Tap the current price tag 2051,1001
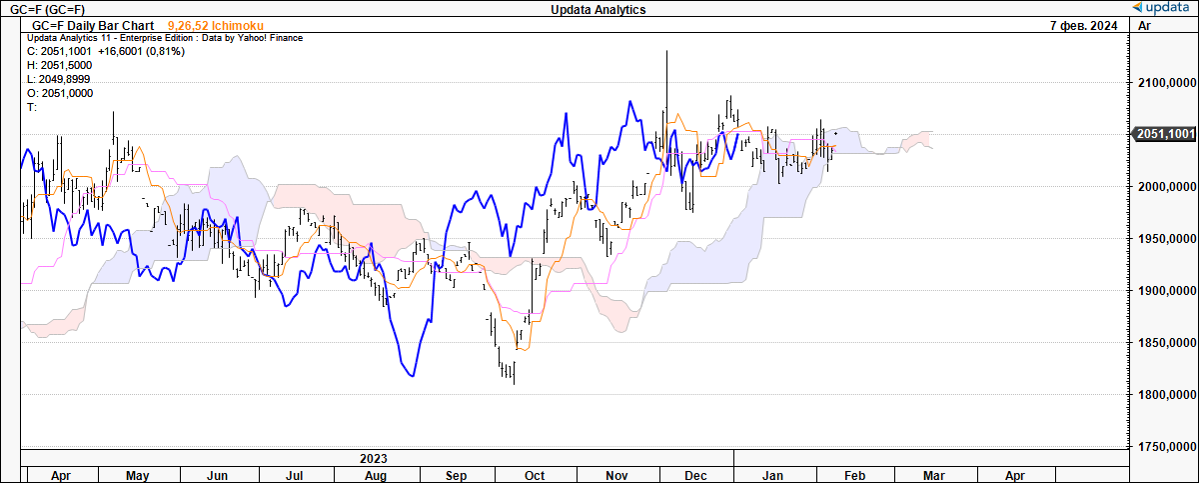tap(1163, 133)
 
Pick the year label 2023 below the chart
tap(374, 458)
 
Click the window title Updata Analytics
tap(598, 9)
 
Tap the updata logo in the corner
tap(1163, 8)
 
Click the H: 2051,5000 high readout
tap(59, 65)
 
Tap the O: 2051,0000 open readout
tap(59, 93)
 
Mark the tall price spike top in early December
tap(667, 51)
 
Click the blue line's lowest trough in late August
tap(411, 377)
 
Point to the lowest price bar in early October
tap(514, 383)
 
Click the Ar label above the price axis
tap(1145, 25)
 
